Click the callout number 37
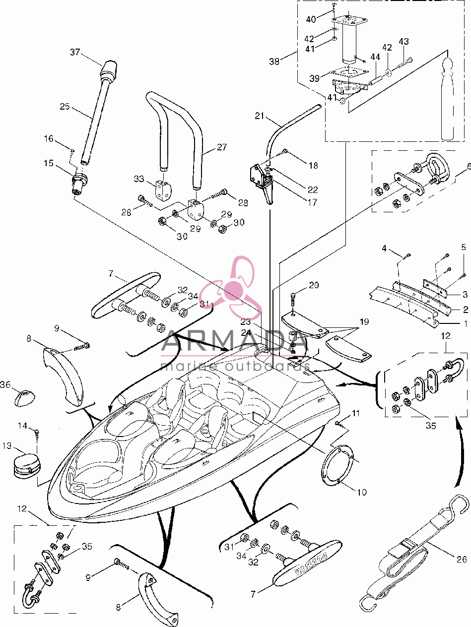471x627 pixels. (75, 52)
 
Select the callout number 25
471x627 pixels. (65, 106)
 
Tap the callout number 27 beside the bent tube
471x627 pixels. (222, 147)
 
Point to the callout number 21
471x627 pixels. (260, 116)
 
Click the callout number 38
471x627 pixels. (274, 61)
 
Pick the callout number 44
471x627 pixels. (375, 57)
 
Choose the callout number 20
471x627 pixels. (314, 285)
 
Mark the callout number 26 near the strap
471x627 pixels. (462, 559)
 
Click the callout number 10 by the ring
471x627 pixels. (362, 492)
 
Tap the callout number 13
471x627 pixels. (7, 445)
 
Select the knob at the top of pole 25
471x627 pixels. (108, 70)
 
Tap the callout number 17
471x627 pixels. (312, 202)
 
